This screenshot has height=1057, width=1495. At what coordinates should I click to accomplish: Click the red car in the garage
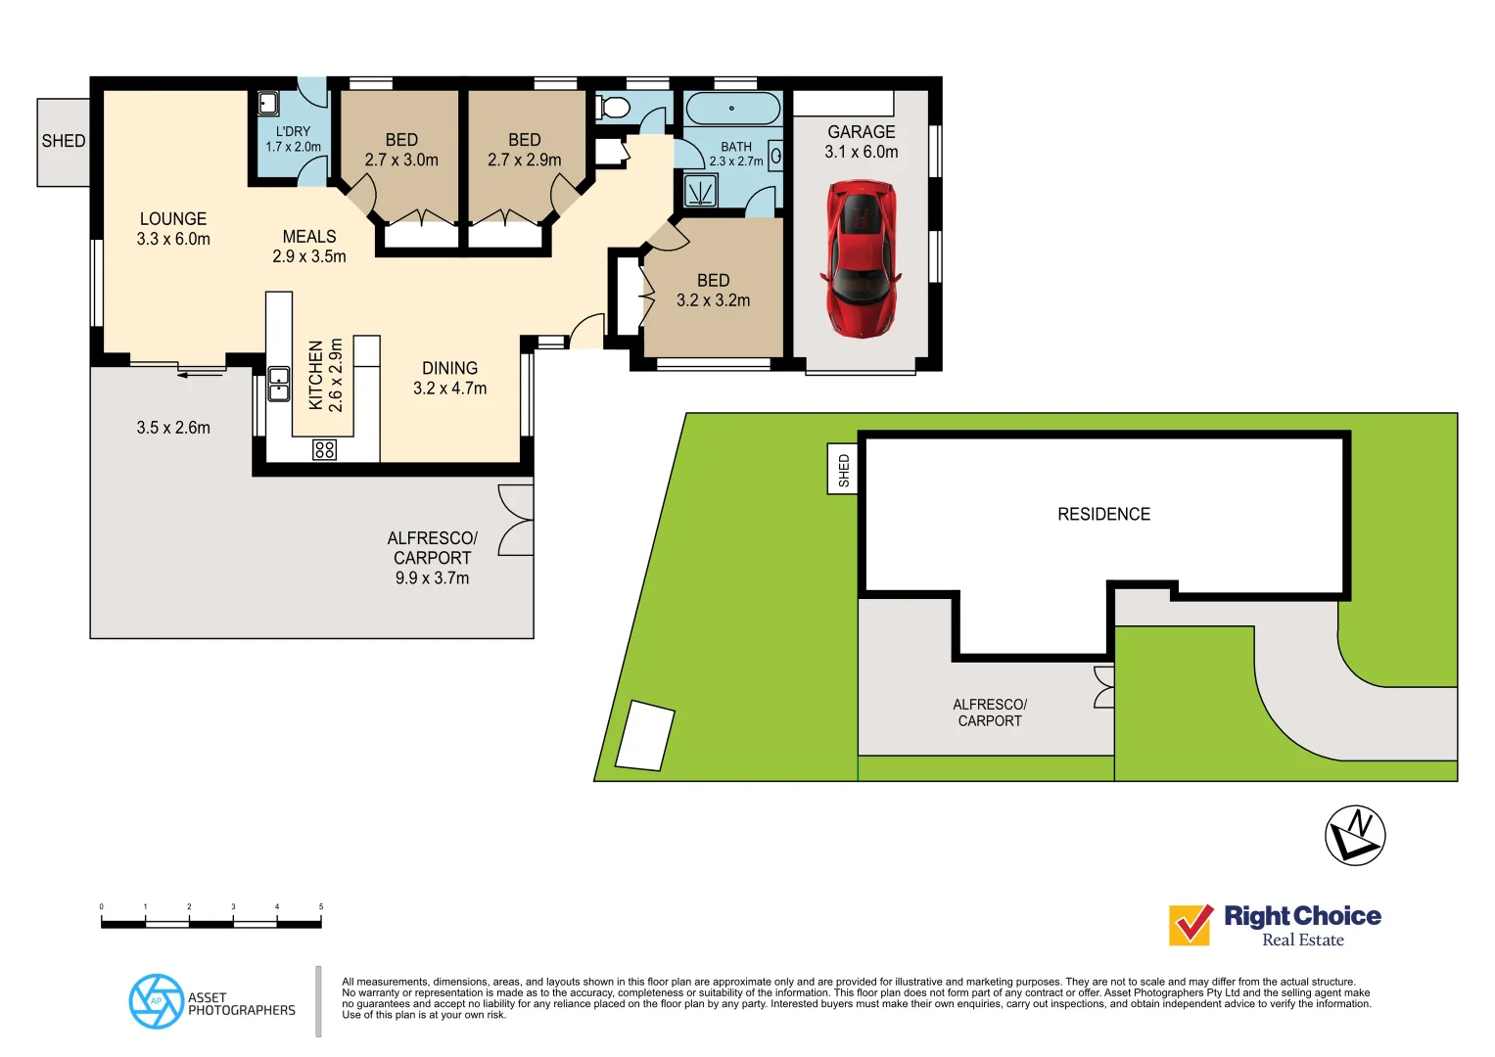(861, 257)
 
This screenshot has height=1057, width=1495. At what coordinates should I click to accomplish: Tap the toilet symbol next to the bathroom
(614, 107)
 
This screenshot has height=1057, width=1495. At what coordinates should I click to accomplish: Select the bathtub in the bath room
(731, 108)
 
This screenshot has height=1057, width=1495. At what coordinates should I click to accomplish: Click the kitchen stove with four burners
(324, 449)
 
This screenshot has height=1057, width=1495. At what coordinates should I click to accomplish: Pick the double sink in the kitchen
(279, 384)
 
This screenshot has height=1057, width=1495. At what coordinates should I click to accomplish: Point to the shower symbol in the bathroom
(700, 190)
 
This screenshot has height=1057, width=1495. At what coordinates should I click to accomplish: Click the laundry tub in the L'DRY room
(267, 103)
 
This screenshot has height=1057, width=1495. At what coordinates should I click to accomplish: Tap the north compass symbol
(1355, 835)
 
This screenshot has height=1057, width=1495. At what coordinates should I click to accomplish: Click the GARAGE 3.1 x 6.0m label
(861, 142)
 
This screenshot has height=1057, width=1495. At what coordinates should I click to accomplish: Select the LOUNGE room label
(173, 219)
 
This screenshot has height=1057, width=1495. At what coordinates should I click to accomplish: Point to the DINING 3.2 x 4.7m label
(449, 378)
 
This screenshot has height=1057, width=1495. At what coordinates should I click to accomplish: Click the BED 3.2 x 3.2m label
(713, 291)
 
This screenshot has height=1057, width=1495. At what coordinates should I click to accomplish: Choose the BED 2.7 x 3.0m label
(401, 150)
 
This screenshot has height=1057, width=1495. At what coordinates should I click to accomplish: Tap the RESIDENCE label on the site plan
(1103, 514)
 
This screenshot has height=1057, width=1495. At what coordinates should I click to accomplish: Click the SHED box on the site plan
(843, 470)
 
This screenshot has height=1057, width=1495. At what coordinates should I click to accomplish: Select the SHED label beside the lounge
(64, 141)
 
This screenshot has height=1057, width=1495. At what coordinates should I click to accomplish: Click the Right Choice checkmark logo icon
(1191, 924)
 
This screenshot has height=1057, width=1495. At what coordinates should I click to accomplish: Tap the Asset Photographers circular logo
(157, 1001)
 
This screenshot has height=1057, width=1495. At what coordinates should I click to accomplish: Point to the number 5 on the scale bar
(320, 907)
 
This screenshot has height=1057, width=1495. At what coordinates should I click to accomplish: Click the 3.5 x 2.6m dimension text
(173, 428)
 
